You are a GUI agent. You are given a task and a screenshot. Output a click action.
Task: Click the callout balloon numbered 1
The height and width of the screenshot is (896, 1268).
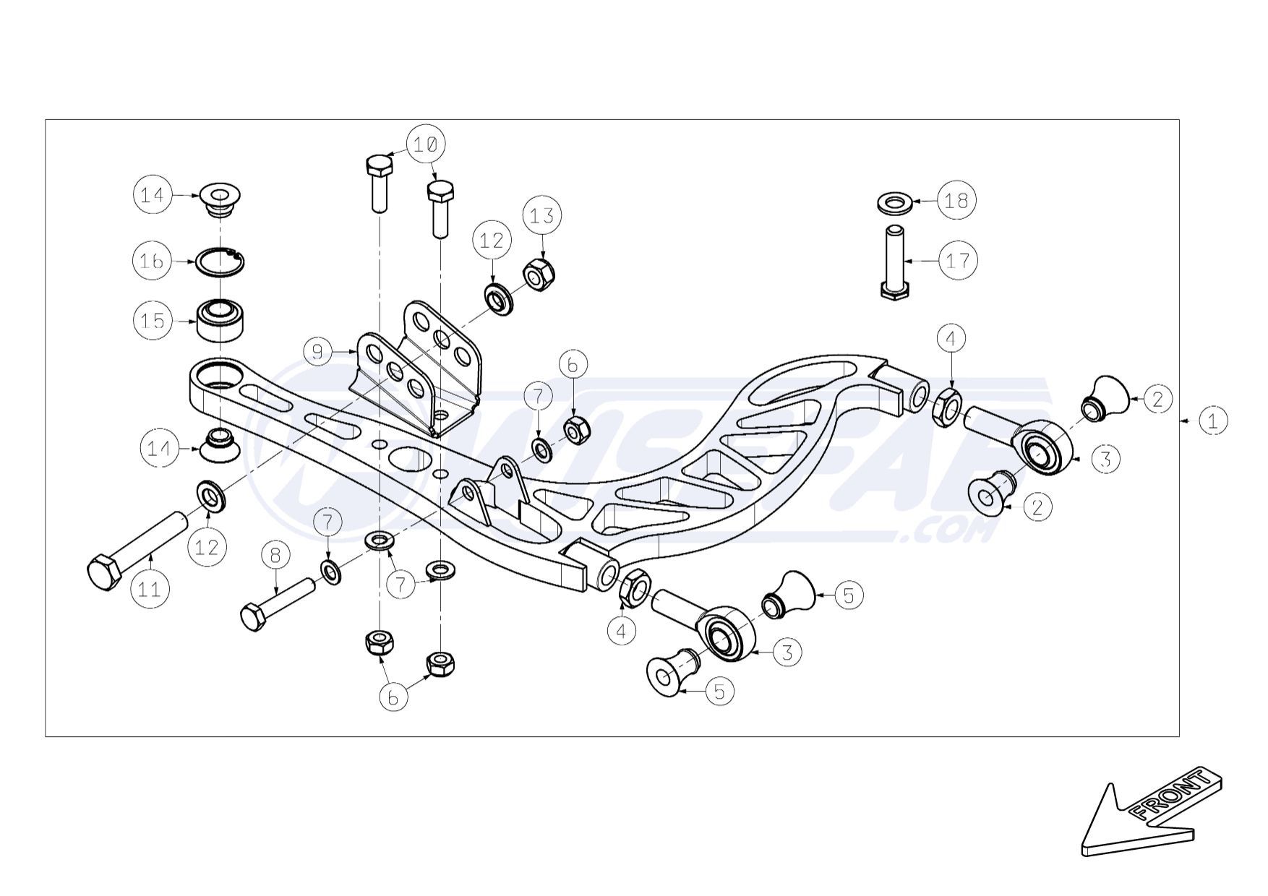click(x=1212, y=420)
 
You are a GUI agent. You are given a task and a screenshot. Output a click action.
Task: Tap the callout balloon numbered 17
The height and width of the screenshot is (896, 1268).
click(x=957, y=260)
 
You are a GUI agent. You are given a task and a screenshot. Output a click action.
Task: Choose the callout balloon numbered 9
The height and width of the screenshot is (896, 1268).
click(x=318, y=352)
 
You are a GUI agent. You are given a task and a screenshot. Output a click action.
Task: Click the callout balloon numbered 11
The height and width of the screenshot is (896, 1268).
click(x=149, y=589)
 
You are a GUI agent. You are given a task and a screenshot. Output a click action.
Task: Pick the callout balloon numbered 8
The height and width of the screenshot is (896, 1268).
click(x=275, y=556)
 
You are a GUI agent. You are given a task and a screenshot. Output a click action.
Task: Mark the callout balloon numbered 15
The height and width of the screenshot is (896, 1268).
click(x=153, y=321)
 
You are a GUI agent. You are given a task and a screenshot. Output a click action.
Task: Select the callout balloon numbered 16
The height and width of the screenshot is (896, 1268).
click(x=152, y=260)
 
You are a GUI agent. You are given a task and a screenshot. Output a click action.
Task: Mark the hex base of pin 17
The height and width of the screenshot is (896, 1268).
click(x=894, y=290)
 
